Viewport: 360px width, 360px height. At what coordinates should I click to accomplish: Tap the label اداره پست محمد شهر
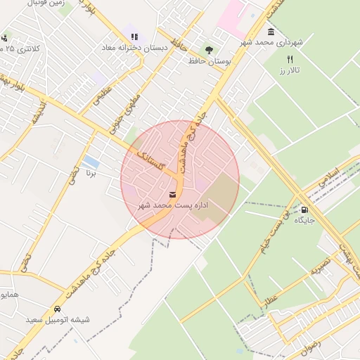tap(173, 205)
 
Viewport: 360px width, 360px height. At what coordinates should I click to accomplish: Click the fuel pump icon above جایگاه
tap(304, 210)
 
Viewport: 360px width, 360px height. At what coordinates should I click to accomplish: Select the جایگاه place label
tap(304, 220)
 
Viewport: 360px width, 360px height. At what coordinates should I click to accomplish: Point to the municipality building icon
tap(271, 32)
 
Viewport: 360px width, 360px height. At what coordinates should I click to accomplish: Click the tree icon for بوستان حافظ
tap(209, 50)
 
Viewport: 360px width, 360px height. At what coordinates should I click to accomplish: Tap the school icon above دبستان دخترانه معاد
tap(134, 37)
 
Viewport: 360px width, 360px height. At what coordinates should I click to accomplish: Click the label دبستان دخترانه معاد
tap(134, 47)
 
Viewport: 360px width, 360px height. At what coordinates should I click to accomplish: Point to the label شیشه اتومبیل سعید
tap(58, 320)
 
